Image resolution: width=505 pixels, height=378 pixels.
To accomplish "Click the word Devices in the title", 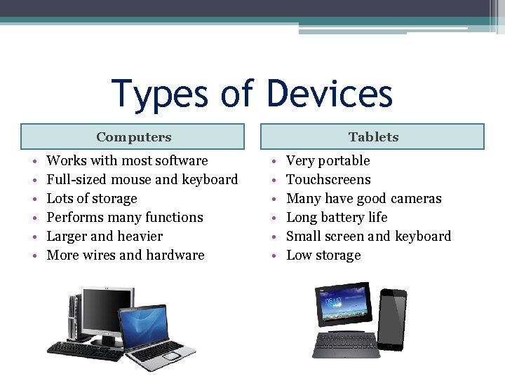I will [x=330, y=94].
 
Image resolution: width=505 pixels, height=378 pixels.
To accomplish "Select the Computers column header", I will [x=133, y=137].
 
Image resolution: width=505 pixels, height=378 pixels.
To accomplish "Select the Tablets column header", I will [x=373, y=137].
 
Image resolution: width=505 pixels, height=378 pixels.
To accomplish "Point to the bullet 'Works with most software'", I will [x=127, y=161].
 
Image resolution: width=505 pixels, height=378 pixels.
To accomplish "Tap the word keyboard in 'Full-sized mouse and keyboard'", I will [x=210, y=180].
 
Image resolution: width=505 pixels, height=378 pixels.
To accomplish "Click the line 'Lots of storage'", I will [x=91, y=199].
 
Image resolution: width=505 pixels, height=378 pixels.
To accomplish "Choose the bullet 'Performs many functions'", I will [x=124, y=218].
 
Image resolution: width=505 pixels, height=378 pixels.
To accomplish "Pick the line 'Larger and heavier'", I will [x=104, y=237].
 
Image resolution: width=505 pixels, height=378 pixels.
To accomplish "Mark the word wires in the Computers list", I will [x=98, y=255].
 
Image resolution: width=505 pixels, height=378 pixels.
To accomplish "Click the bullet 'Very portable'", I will [x=328, y=161].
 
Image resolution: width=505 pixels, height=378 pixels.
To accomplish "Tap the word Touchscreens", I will [x=328, y=180].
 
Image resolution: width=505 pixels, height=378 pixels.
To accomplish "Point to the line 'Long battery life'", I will [x=337, y=218].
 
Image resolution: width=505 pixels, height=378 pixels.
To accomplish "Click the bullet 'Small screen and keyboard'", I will [x=368, y=237].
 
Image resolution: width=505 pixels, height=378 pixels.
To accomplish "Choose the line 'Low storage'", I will [x=323, y=255].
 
